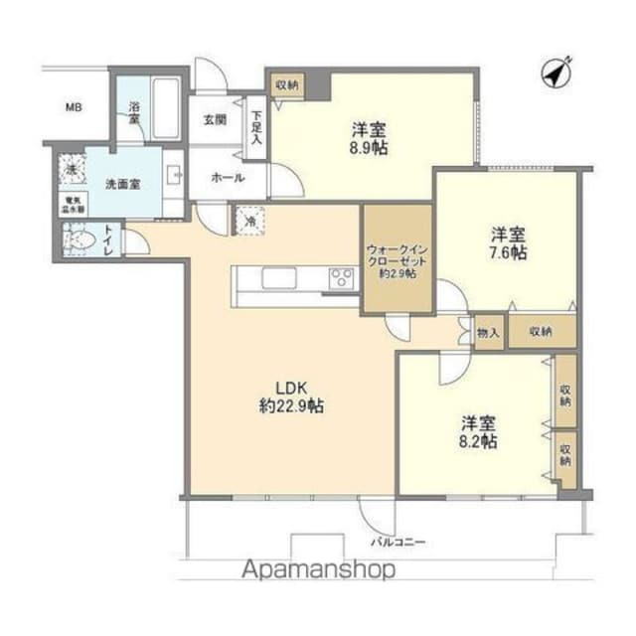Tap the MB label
tap(74, 106)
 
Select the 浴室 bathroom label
tap(132, 111)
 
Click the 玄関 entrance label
tap(216, 119)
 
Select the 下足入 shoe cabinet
tap(256, 127)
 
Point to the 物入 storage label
tap(488, 332)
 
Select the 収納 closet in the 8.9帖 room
tap(287, 85)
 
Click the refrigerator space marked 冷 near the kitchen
tap(249, 220)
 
